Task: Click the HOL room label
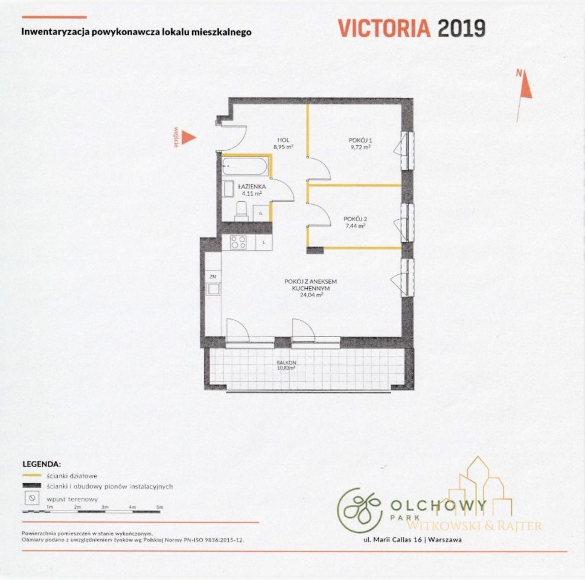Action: [x=284, y=140]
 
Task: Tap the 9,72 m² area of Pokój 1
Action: [x=360, y=147]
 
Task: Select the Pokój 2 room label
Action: [x=355, y=219]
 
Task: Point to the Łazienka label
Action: [x=252, y=186]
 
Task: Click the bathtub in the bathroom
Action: [x=245, y=166]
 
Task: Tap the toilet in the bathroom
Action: [x=241, y=211]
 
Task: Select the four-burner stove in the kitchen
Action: [x=238, y=242]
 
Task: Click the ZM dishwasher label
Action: [x=213, y=277]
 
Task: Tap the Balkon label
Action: [x=287, y=362]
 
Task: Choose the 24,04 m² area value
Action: [x=312, y=295]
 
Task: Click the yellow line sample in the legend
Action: [x=32, y=475]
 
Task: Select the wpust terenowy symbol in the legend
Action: [x=32, y=498]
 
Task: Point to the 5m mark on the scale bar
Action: [x=159, y=507]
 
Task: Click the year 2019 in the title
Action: [x=461, y=28]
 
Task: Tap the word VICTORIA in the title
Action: [x=385, y=28]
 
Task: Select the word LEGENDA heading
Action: [x=42, y=464]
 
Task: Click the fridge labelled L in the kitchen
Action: [x=264, y=242]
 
